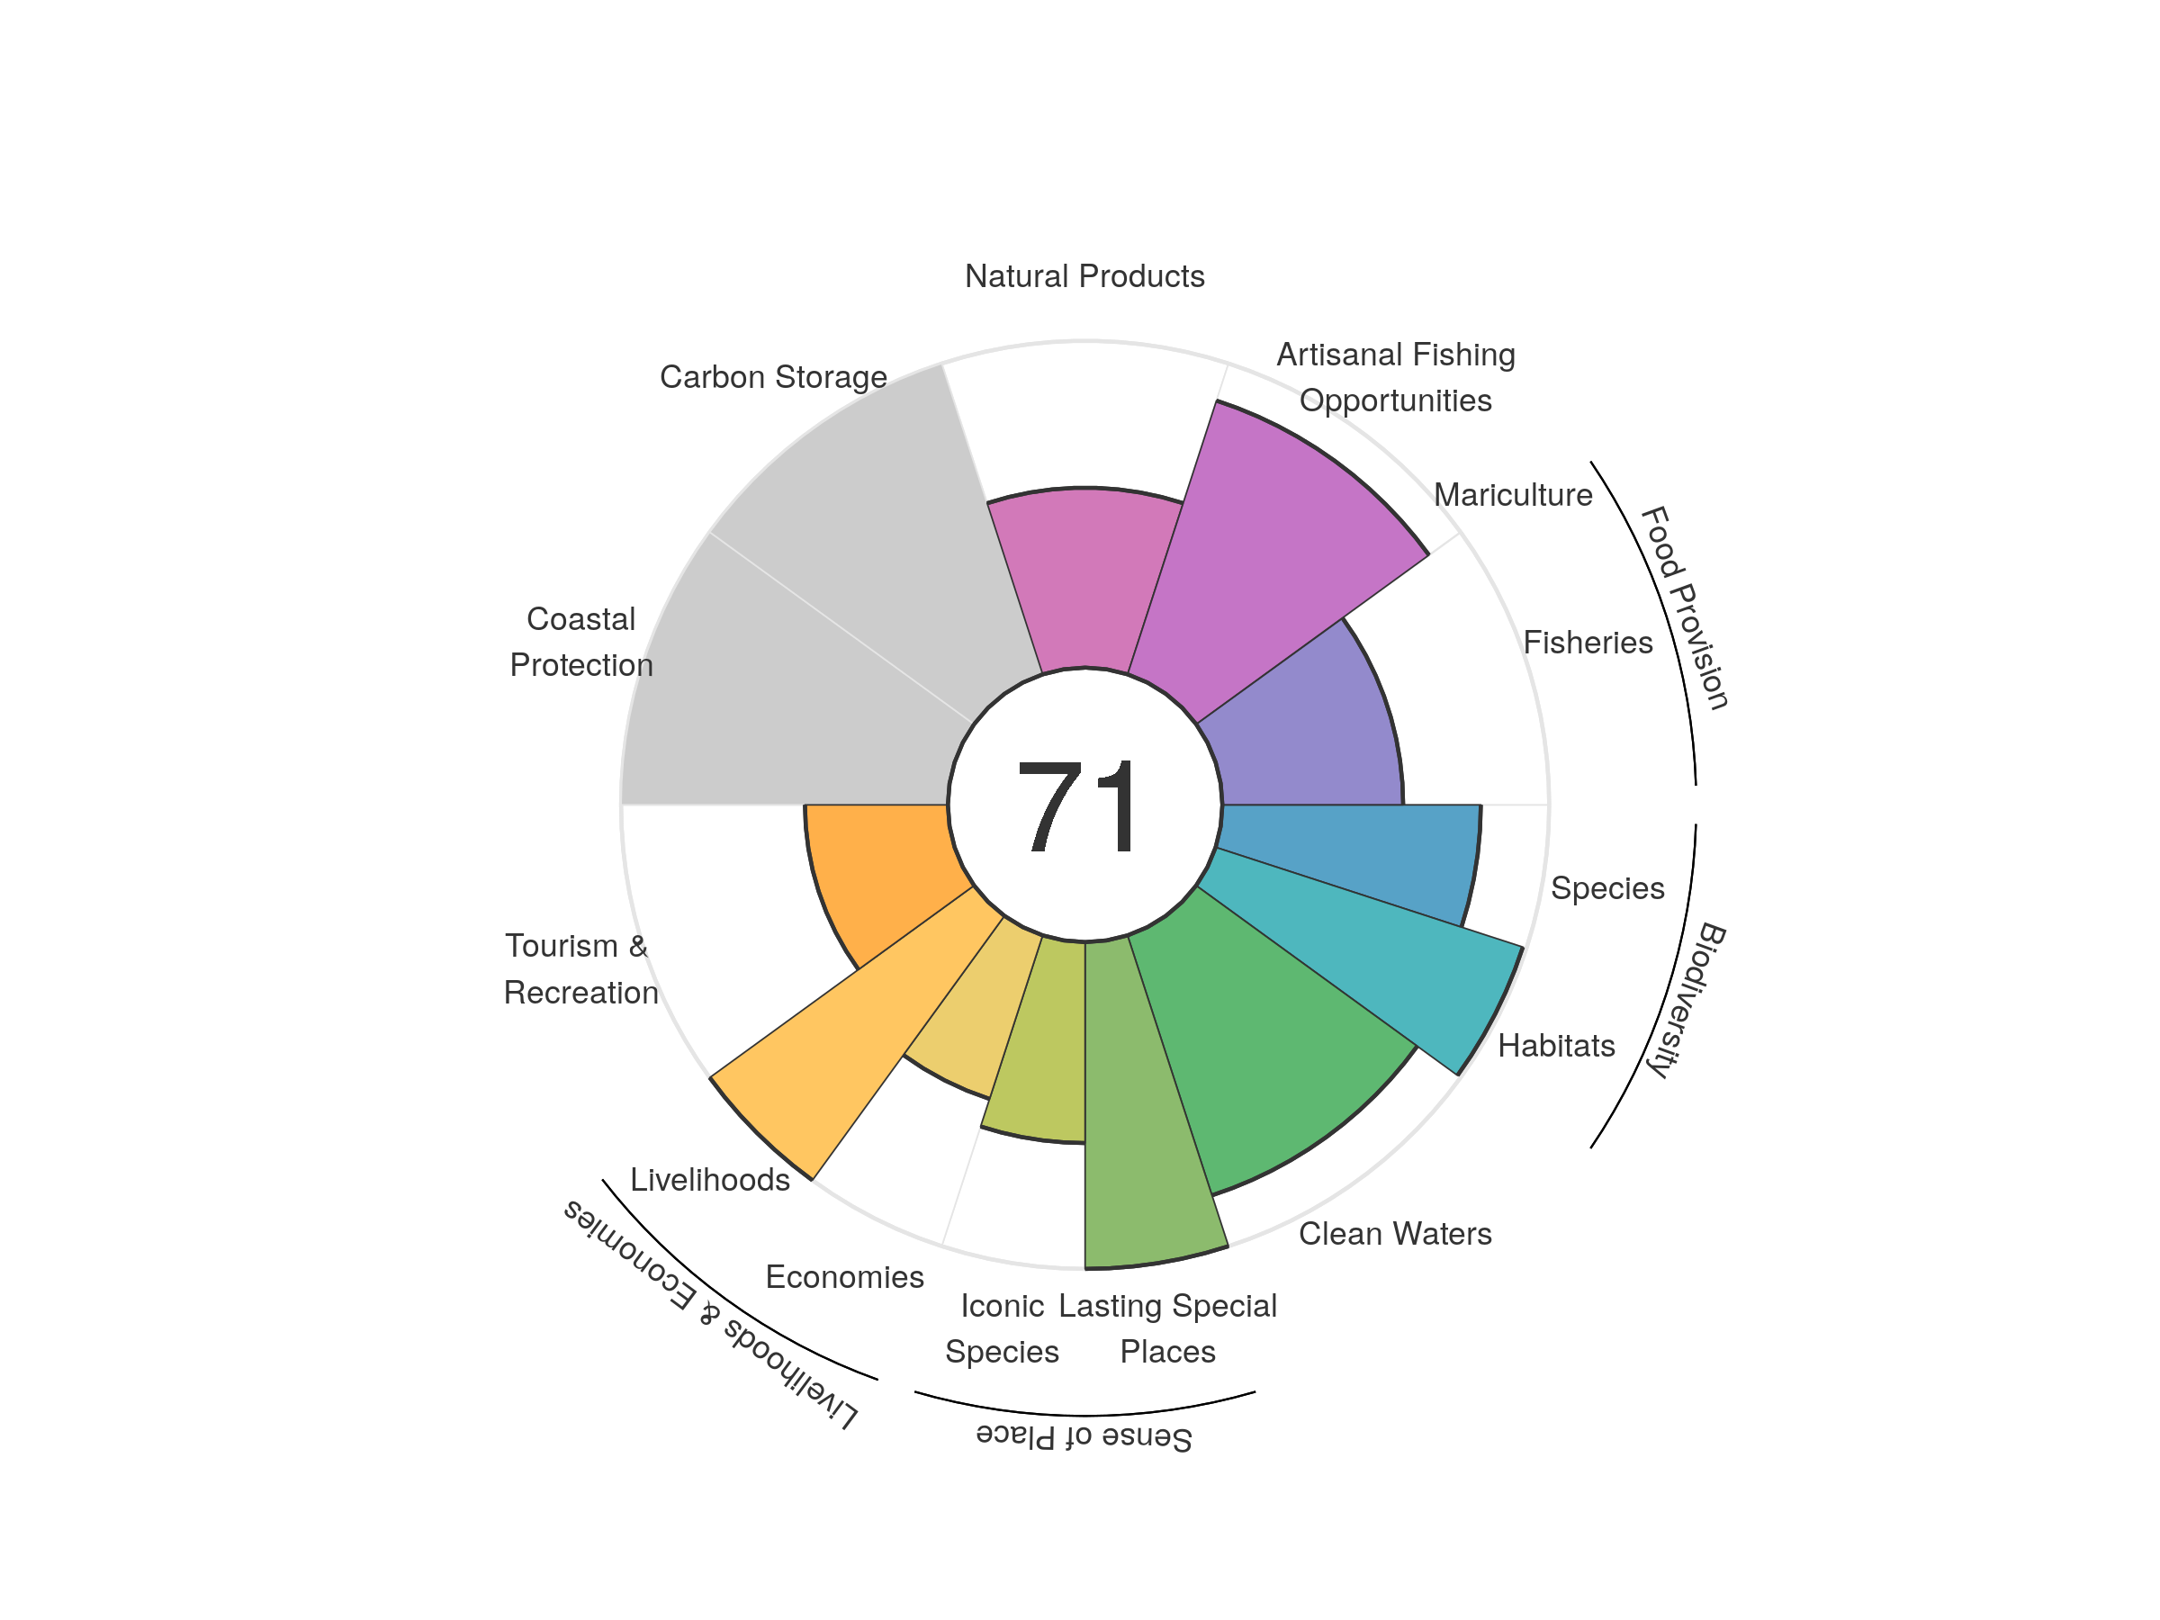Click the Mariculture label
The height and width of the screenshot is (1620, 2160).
[1513, 495]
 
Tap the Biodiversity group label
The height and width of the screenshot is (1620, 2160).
[1686, 999]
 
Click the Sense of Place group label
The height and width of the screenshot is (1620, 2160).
[1084, 1436]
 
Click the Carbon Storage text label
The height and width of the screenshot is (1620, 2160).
[773, 377]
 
